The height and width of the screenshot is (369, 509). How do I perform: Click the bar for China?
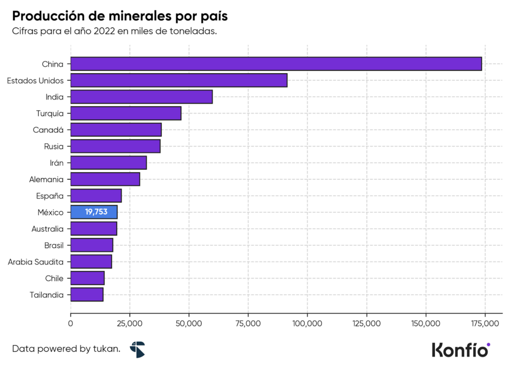(x=276, y=64)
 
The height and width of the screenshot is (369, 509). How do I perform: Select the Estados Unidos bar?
(x=179, y=80)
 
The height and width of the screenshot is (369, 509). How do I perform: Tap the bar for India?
(x=142, y=96)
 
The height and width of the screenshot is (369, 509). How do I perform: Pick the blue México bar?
(x=94, y=212)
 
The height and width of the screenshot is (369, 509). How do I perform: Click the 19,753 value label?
(x=96, y=212)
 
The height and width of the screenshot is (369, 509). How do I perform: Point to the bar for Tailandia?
(x=87, y=294)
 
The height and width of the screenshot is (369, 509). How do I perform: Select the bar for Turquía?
(x=126, y=113)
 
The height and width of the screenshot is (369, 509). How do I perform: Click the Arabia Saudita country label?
(x=36, y=262)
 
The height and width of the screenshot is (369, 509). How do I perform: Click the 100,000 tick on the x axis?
(x=307, y=324)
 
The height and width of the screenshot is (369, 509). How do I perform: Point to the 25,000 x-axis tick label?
(x=130, y=324)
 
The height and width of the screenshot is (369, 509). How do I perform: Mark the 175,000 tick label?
(x=485, y=324)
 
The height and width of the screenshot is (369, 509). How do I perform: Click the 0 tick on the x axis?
(x=71, y=324)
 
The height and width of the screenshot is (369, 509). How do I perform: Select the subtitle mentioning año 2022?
(x=115, y=31)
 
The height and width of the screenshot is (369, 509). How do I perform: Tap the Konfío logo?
(x=461, y=349)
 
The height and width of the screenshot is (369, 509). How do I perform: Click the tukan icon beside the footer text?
(x=137, y=349)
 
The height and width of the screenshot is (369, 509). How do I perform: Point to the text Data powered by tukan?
(x=66, y=349)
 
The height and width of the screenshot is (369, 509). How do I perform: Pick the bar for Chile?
(x=87, y=278)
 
